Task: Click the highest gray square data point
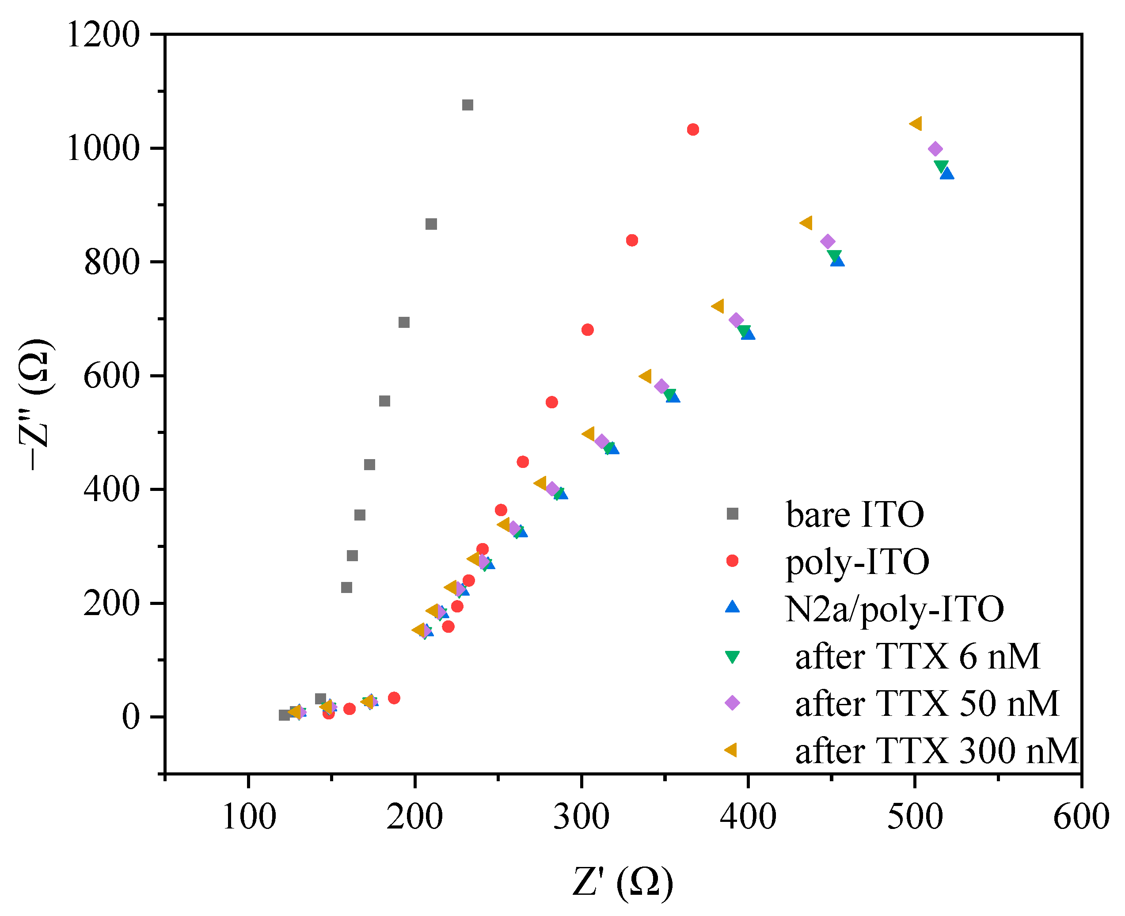(x=467, y=105)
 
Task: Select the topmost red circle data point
(x=693, y=130)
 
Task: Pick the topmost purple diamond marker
(x=935, y=149)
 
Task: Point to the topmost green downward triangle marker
(x=941, y=166)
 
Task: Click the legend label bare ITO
(x=855, y=514)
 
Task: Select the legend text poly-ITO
(x=858, y=562)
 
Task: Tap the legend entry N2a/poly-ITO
(x=894, y=609)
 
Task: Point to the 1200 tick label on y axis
(x=103, y=35)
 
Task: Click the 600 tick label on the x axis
(x=1081, y=817)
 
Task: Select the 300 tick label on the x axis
(x=581, y=817)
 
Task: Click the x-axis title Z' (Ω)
(x=623, y=882)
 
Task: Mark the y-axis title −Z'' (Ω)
(x=36, y=404)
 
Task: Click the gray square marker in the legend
(x=733, y=514)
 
